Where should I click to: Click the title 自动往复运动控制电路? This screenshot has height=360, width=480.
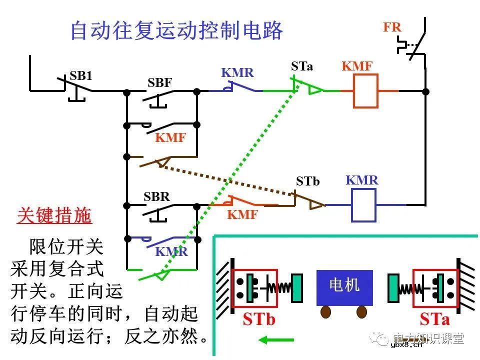tap(176, 30)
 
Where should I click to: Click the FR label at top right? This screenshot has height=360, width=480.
tap(392, 27)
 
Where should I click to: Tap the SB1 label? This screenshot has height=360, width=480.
tap(81, 75)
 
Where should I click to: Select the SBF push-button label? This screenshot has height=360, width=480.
tap(159, 83)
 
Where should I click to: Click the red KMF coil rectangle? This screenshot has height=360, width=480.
tap(366, 91)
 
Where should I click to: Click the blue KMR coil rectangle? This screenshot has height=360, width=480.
tap(364, 205)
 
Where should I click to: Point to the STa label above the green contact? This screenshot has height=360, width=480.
tap(302, 66)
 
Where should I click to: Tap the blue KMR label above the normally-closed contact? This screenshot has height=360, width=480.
tap(237, 73)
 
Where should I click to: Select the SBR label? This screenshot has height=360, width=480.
tap(156, 196)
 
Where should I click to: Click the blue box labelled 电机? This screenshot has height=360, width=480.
tap(344, 287)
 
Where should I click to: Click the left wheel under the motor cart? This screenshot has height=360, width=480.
tap(326, 312)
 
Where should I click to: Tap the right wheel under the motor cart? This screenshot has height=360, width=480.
tap(361, 312)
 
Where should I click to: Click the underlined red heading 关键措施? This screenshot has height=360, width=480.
tap(54, 215)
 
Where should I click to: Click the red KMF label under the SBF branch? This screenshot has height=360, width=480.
tap(170, 138)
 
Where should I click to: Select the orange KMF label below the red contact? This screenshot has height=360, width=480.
tap(242, 215)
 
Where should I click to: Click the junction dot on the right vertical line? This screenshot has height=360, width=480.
tap(425, 91)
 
